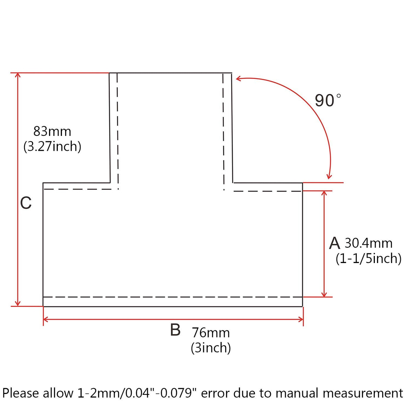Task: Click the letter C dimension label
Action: tap(26, 203)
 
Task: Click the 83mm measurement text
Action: tap(52, 132)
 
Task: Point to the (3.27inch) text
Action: tap(52, 147)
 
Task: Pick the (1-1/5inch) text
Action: tap(368, 259)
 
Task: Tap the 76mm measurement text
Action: tap(211, 333)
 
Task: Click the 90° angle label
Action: tap(328, 100)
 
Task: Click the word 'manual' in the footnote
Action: tap(297, 393)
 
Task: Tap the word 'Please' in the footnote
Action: tap(21, 393)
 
